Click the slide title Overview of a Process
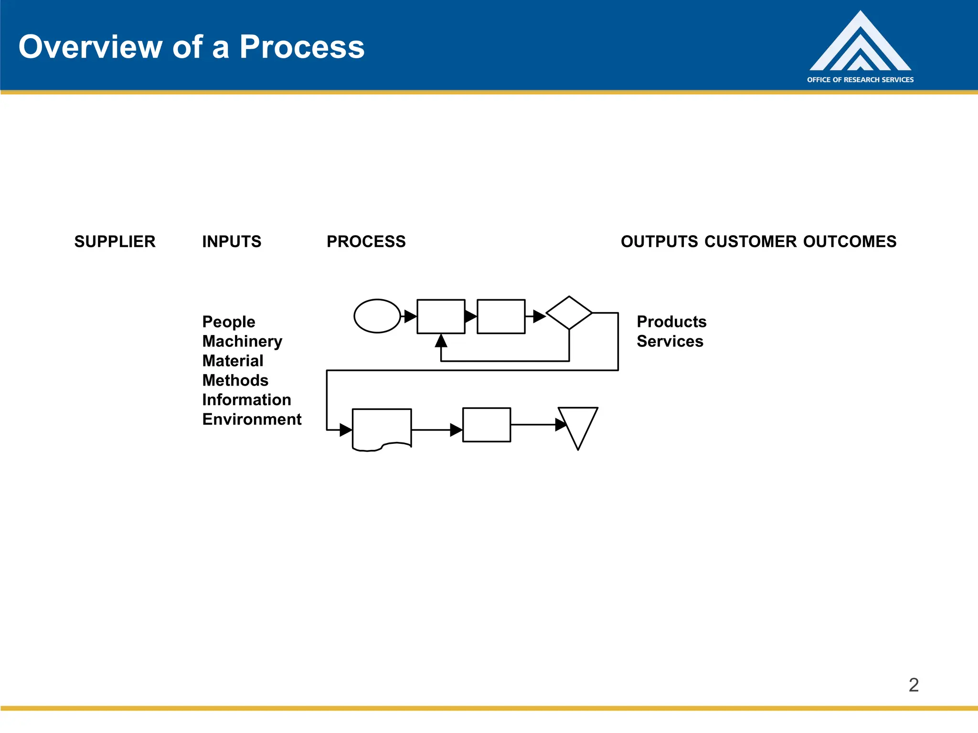[191, 47]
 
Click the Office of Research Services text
[860, 80]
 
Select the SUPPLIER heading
[115, 241]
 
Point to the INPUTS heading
[232, 241]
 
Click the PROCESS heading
[366, 241]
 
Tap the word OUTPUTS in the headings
[659, 241]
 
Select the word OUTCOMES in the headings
[850, 241]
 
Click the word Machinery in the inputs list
[242, 341]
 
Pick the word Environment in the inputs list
[252, 419]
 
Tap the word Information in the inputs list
[246, 399]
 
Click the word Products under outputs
[671, 322]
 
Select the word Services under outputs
[670, 341]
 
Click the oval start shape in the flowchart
[377, 316]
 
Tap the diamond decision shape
[569, 313]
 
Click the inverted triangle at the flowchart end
[578, 422]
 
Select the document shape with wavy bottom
[382, 428]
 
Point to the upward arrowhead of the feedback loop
[441, 341]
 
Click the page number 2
[913, 685]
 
